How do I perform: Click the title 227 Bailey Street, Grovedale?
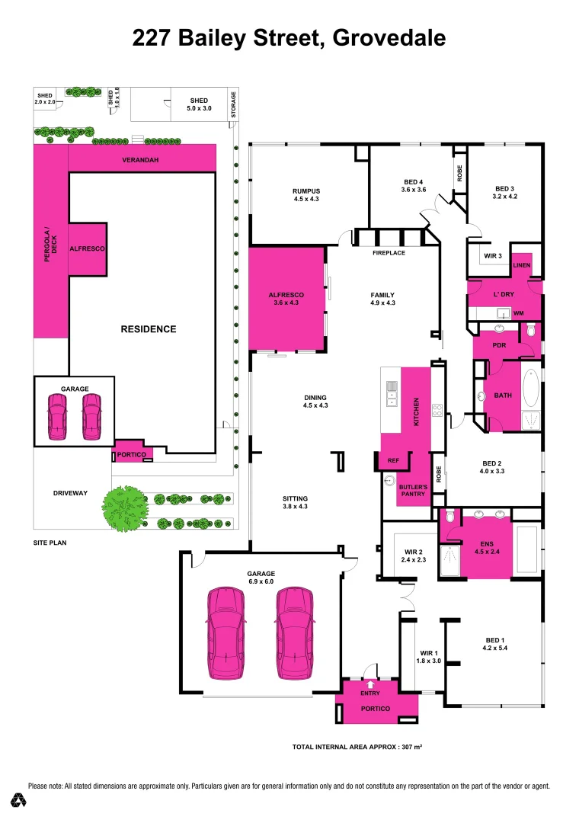point(289,37)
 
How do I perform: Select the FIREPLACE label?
point(388,252)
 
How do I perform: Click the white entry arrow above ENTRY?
point(370,684)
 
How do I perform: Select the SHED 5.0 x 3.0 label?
point(199,105)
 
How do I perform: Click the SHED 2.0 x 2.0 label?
point(45,98)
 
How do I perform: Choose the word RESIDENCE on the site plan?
point(149,329)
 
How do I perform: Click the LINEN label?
point(521,264)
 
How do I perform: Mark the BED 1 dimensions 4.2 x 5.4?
point(495,648)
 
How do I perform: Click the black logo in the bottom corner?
point(18,800)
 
